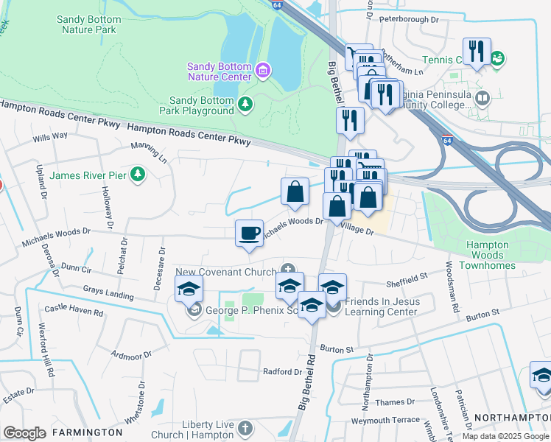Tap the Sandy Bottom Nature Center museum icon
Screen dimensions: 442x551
(x=263, y=71)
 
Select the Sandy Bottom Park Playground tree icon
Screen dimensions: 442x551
(x=245, y=105)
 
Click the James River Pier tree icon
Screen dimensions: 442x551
(x=137, y=175)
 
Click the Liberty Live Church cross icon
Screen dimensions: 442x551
(x=245, y=428)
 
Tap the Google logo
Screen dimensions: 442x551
(x=24, y=432)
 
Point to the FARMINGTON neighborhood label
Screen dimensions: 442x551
(x=87, y=432)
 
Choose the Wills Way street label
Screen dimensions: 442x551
(x=50, y=136)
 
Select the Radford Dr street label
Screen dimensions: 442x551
(x=282, y=372)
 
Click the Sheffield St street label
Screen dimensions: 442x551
(x=407, y=279)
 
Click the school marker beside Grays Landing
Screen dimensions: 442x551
(x=189, y=291)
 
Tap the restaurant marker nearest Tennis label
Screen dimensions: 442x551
(x=477, y=52)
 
